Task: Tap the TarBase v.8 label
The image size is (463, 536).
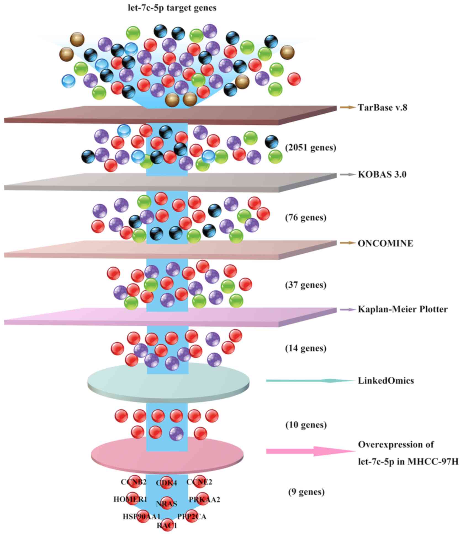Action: pyautogui.click(x=382, y=107)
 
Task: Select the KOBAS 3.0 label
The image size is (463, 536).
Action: pyautogui.click(x=382, y=175)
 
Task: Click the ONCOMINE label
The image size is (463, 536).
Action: pyautogui.click(x=385, y=243)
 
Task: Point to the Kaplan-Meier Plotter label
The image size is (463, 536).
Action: pyautogui.click(x=403, y=309)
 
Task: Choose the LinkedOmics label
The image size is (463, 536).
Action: pyautogui.click(x=386, y=381)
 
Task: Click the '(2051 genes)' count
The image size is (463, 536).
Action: pyautogui.click(x=311, y=148)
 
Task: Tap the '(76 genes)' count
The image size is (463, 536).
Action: pyautogui.click(x=306, y=218)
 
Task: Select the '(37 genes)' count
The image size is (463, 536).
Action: pyautogui.click(x=306, y=285)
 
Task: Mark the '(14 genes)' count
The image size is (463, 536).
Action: pyautogui.click(x=306, y=349)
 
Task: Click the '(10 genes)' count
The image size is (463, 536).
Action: pyautogui.click(x=306, y=425)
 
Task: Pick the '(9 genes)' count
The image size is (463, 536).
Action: pyautogui.click(x=306, y=492)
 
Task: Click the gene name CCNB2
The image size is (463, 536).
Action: pyautogui.click(x=133, y=482)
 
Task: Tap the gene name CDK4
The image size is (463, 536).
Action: pyautogui.click(x=166, y=483)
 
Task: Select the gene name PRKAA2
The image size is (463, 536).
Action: pyautogui.click(x=204, y=499)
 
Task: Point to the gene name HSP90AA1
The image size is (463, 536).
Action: pyautogui.click(x=141, y=516)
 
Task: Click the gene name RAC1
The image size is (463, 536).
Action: pyautogui.click(x=167, y=526)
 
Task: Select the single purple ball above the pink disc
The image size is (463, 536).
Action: pyautogui.click(x=176, y=433)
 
